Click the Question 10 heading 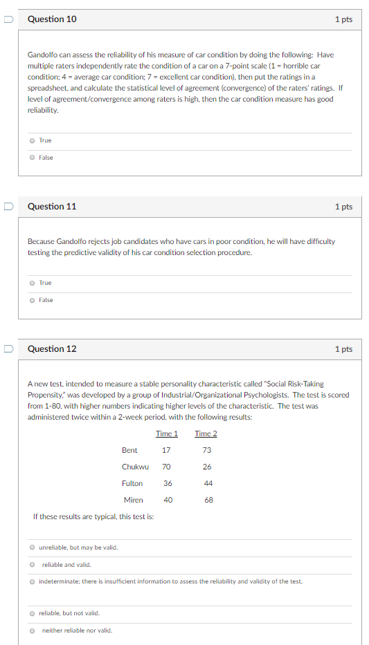tap(52, 19)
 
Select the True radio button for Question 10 tap(32, 140)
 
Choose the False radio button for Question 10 tap(32, 158)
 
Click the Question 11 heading tap(52, 207)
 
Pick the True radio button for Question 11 tap(32, 283)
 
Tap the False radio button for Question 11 tap(32, 300)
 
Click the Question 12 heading tap(52, 349)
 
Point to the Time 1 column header tap(167, 433)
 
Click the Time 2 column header tap(206, 433)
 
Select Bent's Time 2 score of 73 tap(207, 450)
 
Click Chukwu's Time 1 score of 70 tap(167, 467)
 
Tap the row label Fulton tap(132, 483)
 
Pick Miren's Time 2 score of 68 tap(208, 500)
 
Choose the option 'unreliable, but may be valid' tap(32, 548)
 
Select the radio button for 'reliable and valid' tap(32, 565)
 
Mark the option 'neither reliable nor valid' tap(32, 630)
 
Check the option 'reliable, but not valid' tap(32, 613)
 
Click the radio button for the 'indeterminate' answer tap(32, 581)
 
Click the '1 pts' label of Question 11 tap(343, 207)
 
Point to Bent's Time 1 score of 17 tap(166, 450)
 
